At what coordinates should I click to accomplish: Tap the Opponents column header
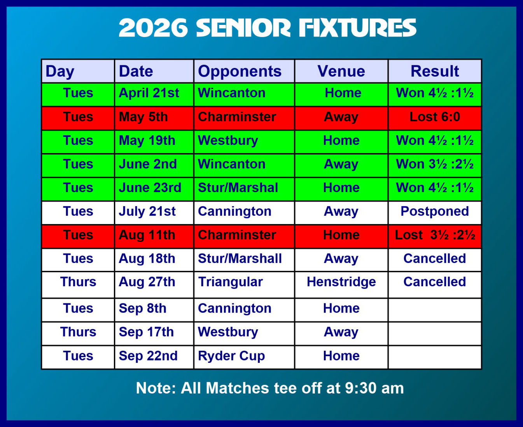(244, 71)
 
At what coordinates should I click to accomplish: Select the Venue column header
(341, 71)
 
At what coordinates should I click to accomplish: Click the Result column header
(435, 71)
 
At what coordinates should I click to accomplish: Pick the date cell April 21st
(154, 95)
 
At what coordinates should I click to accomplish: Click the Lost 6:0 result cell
(435, 119)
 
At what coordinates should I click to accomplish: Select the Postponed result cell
(435, 213)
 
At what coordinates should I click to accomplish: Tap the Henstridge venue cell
(341, 285)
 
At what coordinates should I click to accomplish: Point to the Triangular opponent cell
(244, 285)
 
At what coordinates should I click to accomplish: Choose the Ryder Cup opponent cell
(244, 357)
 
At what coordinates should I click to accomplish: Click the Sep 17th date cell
(154, 334)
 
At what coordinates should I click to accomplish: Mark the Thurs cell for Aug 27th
(78, 285)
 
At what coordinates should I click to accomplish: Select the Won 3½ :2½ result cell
(435, 166)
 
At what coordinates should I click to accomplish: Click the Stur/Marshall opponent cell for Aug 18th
(244, 260)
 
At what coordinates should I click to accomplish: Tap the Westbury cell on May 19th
(244, 142)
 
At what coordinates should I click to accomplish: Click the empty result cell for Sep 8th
(435, 310)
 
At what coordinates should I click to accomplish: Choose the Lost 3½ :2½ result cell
(435, 236)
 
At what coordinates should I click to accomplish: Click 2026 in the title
(153, 28)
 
